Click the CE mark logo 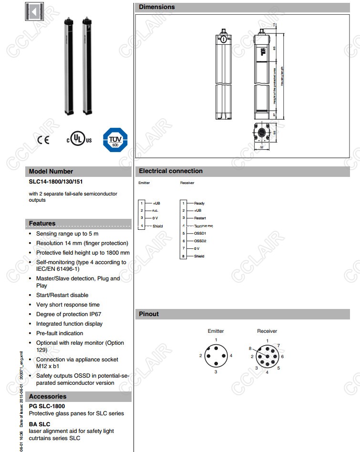(x=43, y=140)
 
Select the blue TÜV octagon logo (x=115, y=140)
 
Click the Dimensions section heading (x=157, y=7)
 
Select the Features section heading (x=42, y=224)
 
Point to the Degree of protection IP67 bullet (x=69, y=314)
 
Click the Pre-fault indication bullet (x=60, y=333)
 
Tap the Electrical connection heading (x=171, y=171)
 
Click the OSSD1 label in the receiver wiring (x=200, y=234)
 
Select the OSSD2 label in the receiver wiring (x=200, y=241)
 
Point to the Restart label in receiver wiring (x=200, y=218)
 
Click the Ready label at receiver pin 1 (x=199, y=204)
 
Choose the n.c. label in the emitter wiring (x=155, y=211)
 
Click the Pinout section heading (x=149, y=314)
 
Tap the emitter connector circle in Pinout (x=216, y=356)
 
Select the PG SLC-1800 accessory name (x=47, y=406)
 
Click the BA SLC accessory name (x=40, y=424)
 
